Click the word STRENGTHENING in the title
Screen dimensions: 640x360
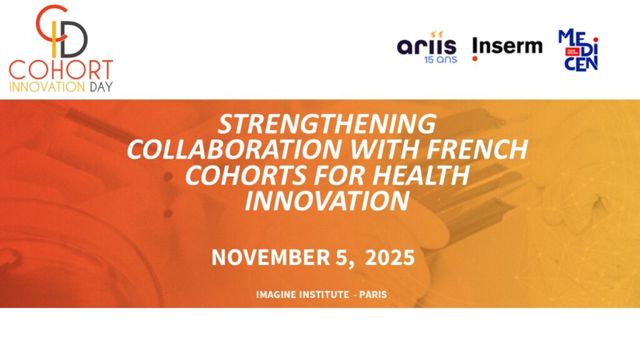click(x=327, y=124)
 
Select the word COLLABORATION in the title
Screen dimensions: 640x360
click(x=234, y=149)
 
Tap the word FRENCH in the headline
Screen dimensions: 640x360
click(x=477, y=149)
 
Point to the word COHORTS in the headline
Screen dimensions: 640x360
click(x=246, y=175)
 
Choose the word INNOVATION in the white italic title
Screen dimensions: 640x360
click(x=327, y=201)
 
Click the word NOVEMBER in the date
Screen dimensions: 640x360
click(x=271, y=257)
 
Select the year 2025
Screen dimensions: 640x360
click(x=390, y=257)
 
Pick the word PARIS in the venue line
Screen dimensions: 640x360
click(x=373, y=294)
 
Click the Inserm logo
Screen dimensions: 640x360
click(x=507, y=47)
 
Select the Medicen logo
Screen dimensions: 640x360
click(x=578, y=50)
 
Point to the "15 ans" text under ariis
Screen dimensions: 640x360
click(x=441, y=59)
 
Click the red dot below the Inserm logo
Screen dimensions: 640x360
click(x=475, y=59)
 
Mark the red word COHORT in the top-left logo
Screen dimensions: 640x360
click(x=61, y=70)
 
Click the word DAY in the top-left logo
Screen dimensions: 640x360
click(x=101, y=87)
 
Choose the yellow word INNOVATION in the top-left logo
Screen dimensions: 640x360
click(x=47, y=87)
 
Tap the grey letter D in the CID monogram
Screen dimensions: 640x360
click(x=75, y=39)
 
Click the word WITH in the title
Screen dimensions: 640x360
click(x=384, y=149)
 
